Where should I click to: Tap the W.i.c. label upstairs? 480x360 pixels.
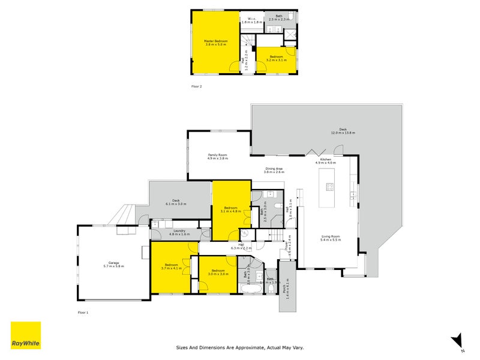click(x=253, y=20)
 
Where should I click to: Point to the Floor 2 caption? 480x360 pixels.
click(x=197, y=87)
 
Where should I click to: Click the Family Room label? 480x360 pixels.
click(x=218, y=157)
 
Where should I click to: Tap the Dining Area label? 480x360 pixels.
click(x=274, y=170)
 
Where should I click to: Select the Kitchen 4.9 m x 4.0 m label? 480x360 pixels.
click(x=326, y=161)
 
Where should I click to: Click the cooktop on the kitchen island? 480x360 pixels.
click(x=329, y=187)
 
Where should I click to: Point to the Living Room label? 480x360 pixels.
click(x=331, y=238)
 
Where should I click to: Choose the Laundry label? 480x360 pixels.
click(x=179, y=232)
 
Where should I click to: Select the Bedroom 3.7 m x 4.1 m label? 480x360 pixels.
click(x=172, y=266)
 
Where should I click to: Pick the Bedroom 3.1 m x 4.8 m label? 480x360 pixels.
click(x=230, y=209)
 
